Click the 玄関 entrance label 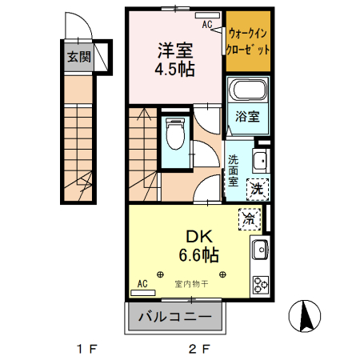coord(78,57)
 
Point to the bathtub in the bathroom coord(246,91)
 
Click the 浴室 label coord(246,117)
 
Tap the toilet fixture coord(174,133)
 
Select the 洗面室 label coord(234,170)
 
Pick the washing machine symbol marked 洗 coord(256,190)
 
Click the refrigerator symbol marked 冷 coord(249,218)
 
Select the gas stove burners coord(261,284)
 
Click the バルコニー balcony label coord(174,316)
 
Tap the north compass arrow coord(305,317)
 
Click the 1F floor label coord(86,349)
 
